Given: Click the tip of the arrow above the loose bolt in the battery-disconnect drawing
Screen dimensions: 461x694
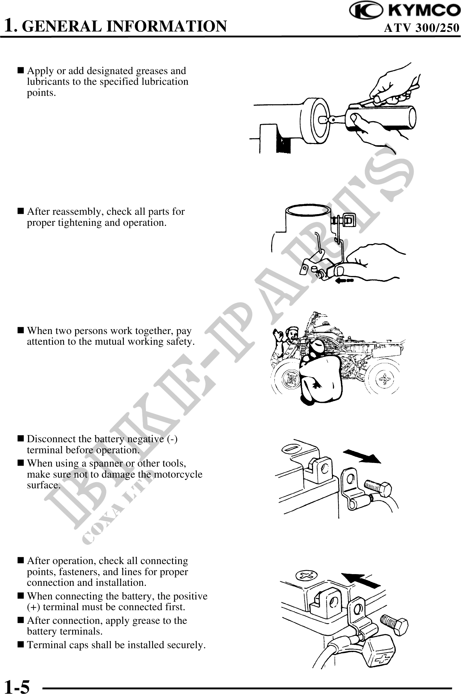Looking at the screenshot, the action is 381,462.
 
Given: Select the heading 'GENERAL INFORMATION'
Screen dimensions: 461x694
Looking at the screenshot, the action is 125,26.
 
